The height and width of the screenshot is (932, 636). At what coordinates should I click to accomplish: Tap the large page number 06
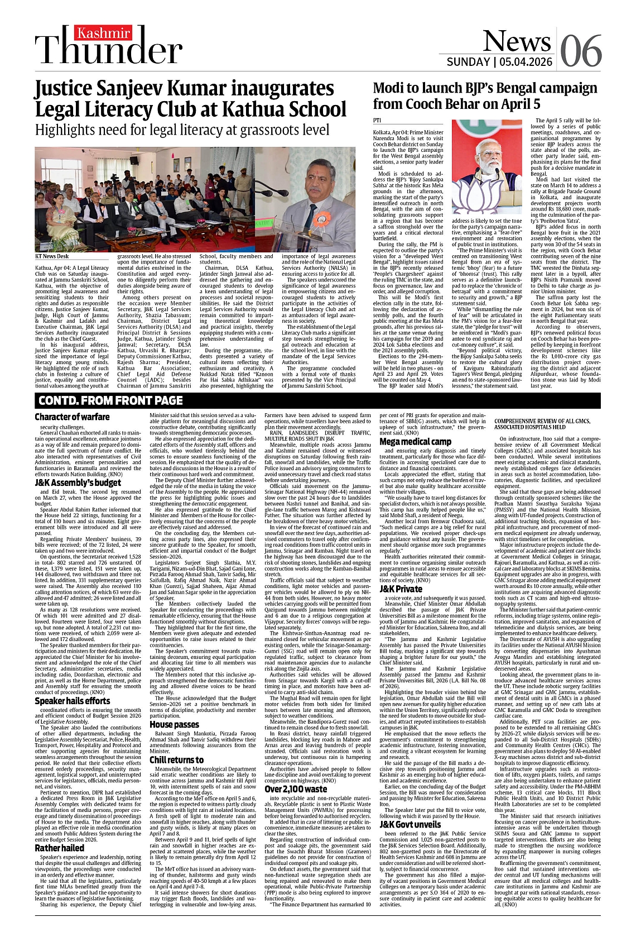pos(580,51)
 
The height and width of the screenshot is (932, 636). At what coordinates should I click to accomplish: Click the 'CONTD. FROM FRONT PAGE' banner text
pos(110,400)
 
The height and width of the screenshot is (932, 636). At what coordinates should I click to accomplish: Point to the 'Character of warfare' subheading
pos(72,417)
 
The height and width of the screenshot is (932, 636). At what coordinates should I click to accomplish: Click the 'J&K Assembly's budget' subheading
pos(78,482)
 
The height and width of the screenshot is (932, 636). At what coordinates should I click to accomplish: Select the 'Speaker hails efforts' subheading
pos(73,700)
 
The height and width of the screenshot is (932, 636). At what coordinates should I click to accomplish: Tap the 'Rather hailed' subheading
pos(59,848)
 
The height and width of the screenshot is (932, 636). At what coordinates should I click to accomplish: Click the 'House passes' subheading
pos(174,724)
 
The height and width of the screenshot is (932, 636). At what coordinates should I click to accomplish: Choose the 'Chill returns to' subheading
pos(176,759)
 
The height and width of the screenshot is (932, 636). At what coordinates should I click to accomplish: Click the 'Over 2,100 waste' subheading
pos(296,788)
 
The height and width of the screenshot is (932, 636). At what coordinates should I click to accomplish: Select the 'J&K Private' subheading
pos(401,589)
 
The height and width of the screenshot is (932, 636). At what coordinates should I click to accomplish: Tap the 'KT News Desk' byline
pos(52,256)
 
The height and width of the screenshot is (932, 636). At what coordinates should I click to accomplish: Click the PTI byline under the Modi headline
pos(377,121)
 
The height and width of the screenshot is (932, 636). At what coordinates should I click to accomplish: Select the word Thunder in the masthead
pos(109,51)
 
